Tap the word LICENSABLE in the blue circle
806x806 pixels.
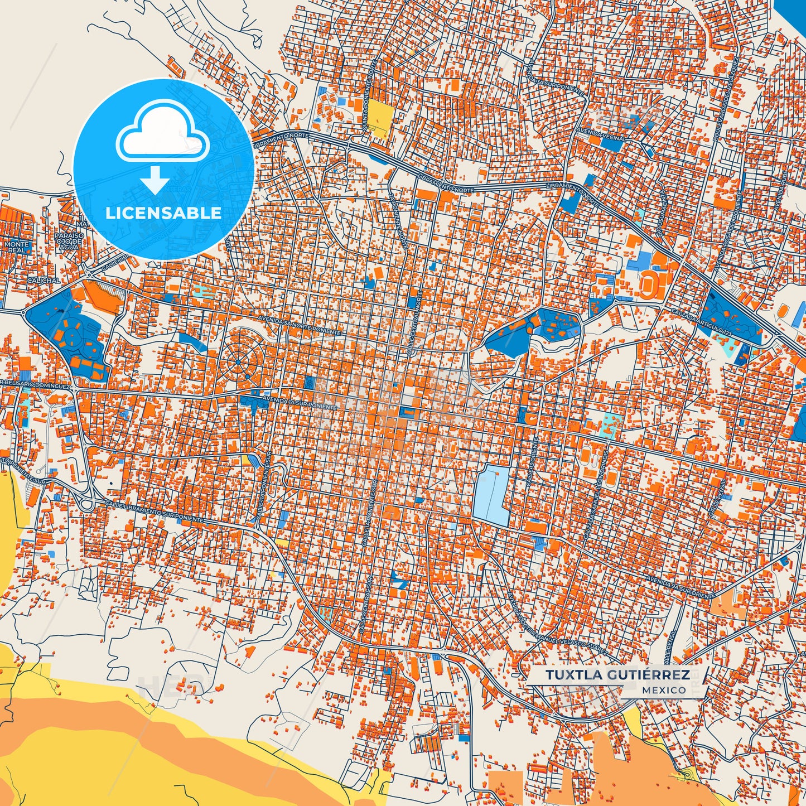163,213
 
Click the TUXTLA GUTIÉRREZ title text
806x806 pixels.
617,675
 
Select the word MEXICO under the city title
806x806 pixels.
664,691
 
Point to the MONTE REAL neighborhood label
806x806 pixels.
16,248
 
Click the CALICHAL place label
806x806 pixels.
44,281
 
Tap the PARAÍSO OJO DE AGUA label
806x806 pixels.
69,241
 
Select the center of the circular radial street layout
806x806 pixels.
238,362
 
